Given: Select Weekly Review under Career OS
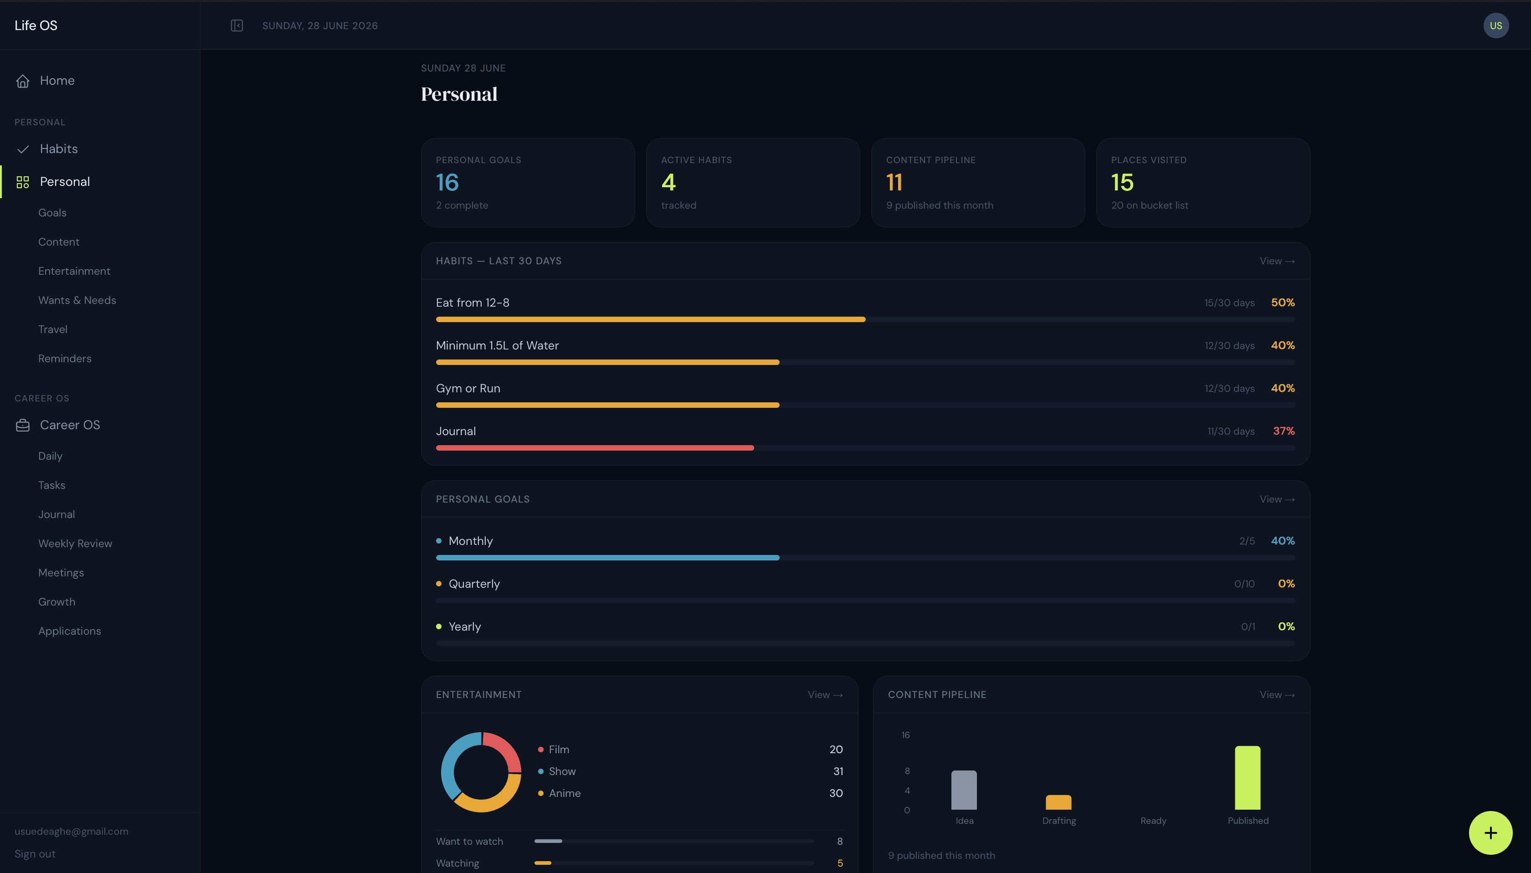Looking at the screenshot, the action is (75, 543).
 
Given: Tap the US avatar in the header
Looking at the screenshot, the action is (1495, 25).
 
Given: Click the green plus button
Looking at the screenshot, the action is (1490, 832).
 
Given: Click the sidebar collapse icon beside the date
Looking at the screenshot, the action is (237, 25).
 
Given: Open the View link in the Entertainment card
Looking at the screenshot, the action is (825, 694).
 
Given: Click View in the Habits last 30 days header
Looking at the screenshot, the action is (1277, 261).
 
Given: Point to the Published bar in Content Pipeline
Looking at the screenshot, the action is (1248, 778).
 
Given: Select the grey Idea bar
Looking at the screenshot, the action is (964, 790).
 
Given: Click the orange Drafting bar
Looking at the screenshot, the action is (1058, 802).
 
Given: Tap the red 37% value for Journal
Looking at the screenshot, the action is (1284, 431).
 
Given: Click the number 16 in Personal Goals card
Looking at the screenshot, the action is (447, 182).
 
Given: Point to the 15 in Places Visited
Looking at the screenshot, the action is (1122, 182).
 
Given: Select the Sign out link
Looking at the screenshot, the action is (35, 853).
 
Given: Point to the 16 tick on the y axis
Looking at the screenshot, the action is (905, 734).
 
